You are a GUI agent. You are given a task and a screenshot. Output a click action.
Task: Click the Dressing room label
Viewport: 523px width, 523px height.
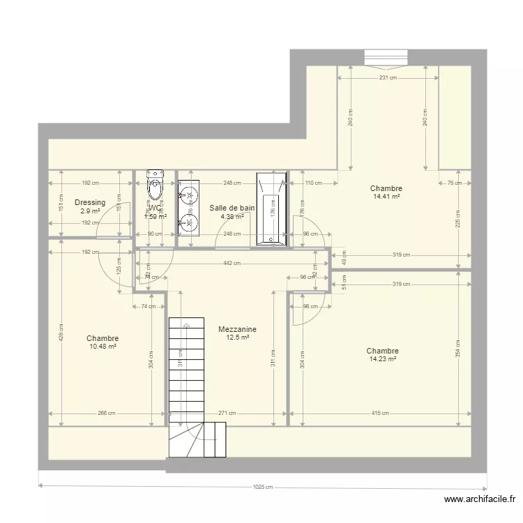coord(90,203)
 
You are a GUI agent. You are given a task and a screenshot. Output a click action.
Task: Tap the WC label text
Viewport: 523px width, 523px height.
coord(155,208)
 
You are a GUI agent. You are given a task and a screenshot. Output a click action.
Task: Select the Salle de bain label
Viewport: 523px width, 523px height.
coord(232,208)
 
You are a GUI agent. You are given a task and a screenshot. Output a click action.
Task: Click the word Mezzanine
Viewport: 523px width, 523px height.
coord(237,329)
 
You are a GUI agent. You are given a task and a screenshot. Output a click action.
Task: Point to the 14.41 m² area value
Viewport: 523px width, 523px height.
coord(386,197)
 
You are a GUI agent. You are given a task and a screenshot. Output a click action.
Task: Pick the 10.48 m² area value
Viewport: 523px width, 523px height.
coord(103,347)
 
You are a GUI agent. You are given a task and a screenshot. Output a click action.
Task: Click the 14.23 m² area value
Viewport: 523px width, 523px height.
coord(383,359)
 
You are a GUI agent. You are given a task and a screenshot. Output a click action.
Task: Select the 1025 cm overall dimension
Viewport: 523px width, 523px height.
coord(264,487)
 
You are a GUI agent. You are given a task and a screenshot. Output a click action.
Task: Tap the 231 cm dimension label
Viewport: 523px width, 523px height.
coord(388,78)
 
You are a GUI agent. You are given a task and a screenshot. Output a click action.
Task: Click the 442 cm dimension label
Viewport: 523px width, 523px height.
coord(232,263)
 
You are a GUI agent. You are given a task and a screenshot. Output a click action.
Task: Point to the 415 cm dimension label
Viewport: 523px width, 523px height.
coord(380,414)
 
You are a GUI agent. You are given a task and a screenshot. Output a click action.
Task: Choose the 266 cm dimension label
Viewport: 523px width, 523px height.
coord(107,414)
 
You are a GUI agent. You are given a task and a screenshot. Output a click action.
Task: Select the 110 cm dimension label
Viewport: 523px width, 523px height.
coord(314,183)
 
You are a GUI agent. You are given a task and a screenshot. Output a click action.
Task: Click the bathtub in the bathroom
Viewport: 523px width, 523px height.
coord(271,209)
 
